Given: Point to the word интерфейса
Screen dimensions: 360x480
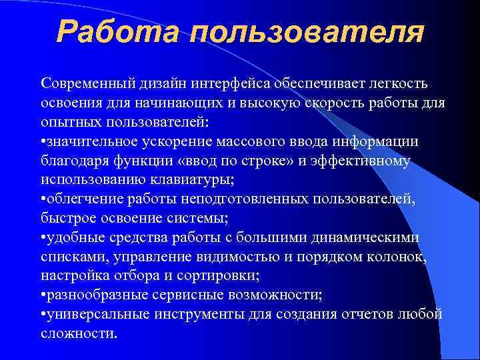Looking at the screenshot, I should pyautogui.click(x=254, y=85).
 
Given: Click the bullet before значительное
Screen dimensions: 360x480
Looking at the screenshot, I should pyautogui.click(x=43, y=143).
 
